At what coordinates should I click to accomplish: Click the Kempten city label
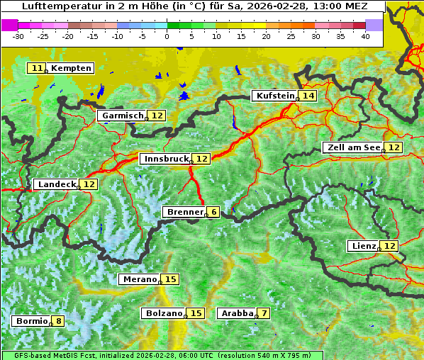72,68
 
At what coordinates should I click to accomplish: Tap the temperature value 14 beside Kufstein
307,96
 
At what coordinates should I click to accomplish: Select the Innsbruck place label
166,159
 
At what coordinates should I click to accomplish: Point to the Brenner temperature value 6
213,212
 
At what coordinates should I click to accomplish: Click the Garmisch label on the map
123,116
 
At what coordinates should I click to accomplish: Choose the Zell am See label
352,147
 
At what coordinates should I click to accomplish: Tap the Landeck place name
57,184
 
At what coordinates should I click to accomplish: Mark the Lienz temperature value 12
390,246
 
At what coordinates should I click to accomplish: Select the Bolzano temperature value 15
196,313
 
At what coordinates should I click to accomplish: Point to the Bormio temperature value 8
58,321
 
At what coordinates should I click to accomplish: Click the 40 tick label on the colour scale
365,36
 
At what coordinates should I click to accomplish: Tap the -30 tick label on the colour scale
18,36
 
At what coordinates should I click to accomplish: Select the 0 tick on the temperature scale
167,36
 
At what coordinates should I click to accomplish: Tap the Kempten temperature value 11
38,68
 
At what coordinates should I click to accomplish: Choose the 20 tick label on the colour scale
266,36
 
